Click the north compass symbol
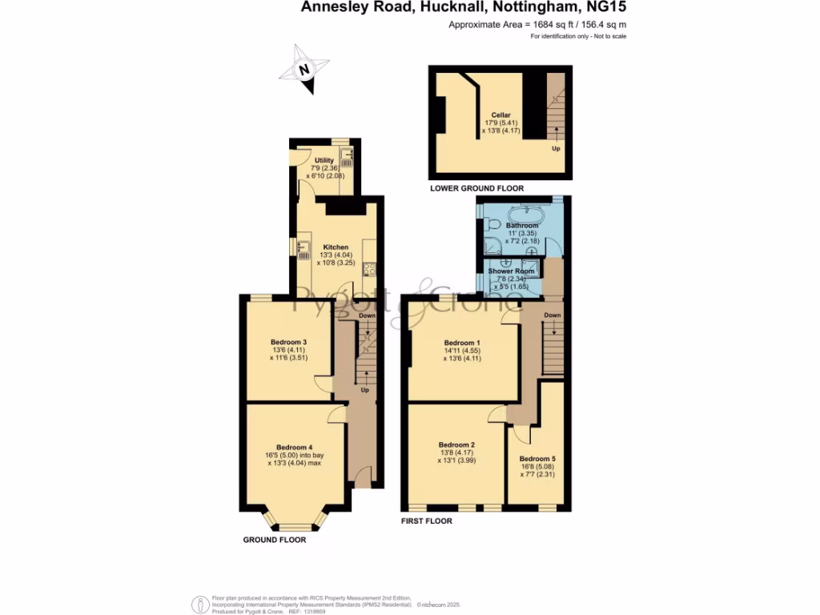(303, 70)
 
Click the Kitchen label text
(336, 247)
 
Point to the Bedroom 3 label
(289, 342)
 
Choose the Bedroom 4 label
(294, 447)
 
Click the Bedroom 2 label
(456, 444)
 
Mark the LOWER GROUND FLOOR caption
(476, 189)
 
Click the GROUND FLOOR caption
(274, 540)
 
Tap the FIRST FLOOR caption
(427, 521)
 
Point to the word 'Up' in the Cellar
(555, 148)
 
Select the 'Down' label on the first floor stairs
(552, 315)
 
